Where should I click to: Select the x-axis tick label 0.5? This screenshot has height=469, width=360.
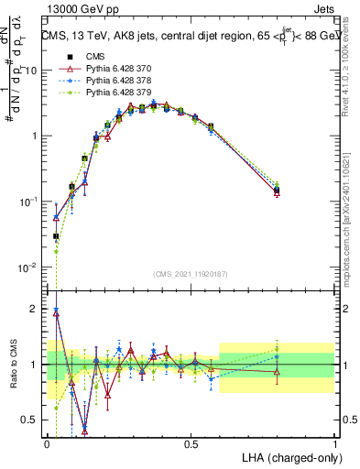pyautogui.click(x=191, y=442)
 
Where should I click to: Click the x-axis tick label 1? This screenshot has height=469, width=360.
pyautogui.click(x=334, y=442)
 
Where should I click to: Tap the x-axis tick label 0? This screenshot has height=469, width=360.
pyautogui.click(x=47, y=442)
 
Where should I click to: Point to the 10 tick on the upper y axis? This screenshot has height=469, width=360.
pyautogui.click(x=31, y=71)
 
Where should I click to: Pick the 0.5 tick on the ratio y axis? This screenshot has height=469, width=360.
pyautogui.click(x=32, y=420)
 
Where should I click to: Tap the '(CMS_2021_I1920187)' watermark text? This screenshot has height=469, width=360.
pyautogui.click(x=191, y=275)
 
